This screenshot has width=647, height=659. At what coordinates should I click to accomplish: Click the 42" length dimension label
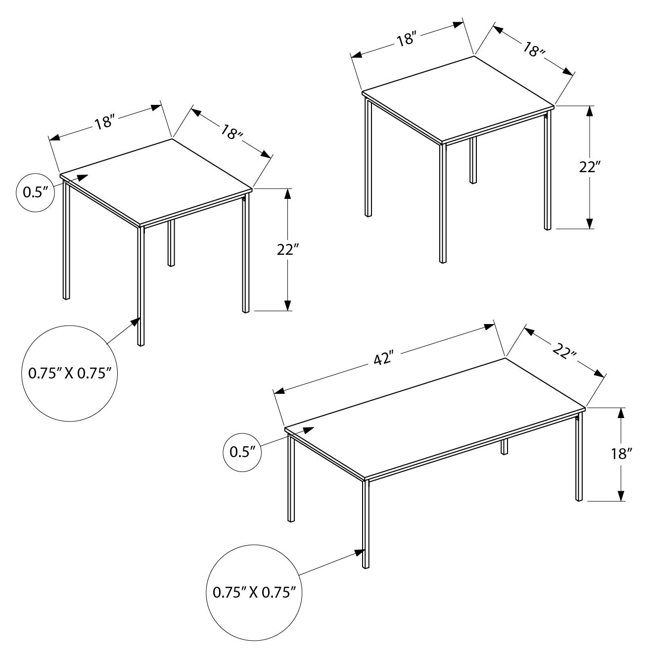click(x=382, y=359)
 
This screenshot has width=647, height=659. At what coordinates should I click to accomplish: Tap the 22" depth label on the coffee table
click(x=564, y=352)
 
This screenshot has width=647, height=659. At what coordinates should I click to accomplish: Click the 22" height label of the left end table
click(x=285, y=250)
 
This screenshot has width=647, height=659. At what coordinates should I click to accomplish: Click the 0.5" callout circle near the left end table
click(x=35, y=192)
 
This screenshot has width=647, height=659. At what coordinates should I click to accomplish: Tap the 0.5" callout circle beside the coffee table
click(x=242, y=452)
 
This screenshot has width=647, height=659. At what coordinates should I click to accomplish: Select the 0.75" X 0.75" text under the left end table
click(x=70, y=374)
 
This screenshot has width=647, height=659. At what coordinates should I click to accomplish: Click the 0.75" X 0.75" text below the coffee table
click(x=254, y=592)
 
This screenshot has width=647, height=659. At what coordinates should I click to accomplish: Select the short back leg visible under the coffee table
click(x=504, y=447)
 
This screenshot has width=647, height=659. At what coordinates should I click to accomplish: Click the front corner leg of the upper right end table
click(x=443, y=203)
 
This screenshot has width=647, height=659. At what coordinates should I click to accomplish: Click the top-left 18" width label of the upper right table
click(x=406, y=39)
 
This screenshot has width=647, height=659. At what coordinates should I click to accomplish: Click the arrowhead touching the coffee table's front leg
click(x=359, y=554)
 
